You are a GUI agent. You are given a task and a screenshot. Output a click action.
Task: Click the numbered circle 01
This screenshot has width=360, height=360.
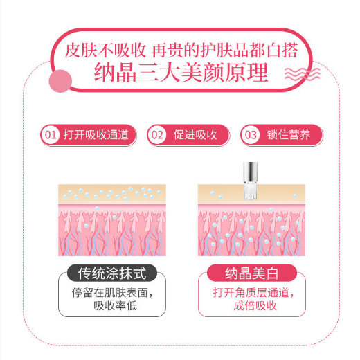pos(51,135)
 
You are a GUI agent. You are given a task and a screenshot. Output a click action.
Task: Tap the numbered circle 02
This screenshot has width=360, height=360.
pos(157,135)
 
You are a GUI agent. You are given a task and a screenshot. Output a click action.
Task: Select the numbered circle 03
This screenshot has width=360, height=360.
pos(251,135)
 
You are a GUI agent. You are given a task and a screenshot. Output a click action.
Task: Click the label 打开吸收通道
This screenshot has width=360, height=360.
pos(96,135)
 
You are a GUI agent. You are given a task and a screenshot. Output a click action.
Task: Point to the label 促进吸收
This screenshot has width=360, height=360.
pos(195,135)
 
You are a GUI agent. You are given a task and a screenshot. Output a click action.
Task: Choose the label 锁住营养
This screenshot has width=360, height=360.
pos(289,135)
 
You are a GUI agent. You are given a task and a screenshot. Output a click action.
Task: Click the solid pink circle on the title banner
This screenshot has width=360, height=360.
pos(60,81)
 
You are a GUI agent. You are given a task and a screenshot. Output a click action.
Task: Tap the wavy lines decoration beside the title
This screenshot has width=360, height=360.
pos(302,74)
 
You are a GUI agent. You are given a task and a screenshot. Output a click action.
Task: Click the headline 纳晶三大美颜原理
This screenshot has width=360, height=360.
pos(181,73)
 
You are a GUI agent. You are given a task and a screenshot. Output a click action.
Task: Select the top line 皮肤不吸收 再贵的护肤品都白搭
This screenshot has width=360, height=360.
pos(181,51)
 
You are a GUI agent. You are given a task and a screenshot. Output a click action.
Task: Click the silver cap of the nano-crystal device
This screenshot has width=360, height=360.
pos(251,172)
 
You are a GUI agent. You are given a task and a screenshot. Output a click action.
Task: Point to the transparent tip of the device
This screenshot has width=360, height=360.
pos(251,191)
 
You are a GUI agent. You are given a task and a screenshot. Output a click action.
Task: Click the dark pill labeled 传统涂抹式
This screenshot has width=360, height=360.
pos(112,273)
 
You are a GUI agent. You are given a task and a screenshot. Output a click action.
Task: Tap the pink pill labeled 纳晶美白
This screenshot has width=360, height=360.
pos(252,273)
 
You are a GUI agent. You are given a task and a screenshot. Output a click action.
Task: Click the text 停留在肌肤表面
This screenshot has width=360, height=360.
pos(109,293)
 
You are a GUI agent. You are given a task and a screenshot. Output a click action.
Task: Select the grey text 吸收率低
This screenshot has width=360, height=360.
pos(115,306)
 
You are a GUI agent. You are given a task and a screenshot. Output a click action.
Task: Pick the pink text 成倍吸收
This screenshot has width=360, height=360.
pos(255,306)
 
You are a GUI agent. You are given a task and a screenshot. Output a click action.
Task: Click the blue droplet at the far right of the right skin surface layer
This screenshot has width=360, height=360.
pos(295,196)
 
